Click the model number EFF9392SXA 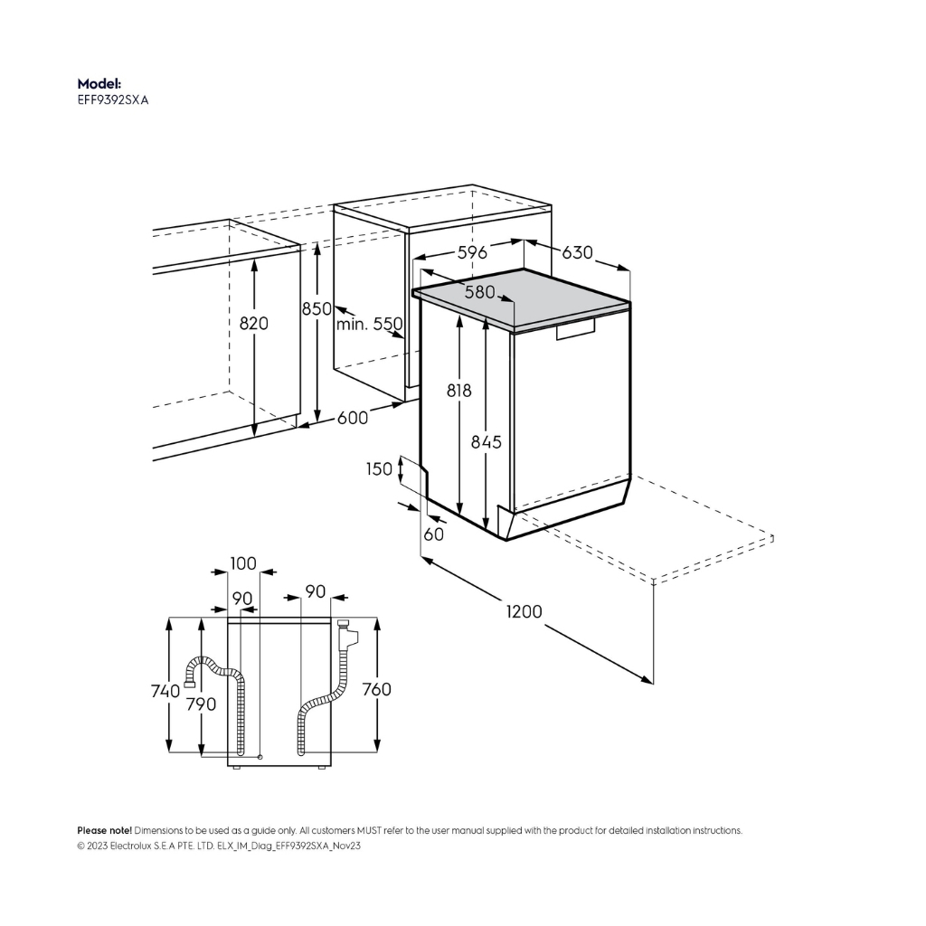(113, 100)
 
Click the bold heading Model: (99, 84)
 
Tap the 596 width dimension (472, 253)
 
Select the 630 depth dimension (577, 253)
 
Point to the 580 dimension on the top (479, 292)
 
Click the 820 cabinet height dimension (254, 323)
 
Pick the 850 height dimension (317, 309)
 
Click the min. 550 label (370, 324)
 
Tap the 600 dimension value (353, 418)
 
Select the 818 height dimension (458, 391)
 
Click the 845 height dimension (486, 441)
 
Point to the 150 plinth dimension (379, 469)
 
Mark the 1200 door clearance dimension (524, 611)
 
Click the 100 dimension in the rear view (243, 563)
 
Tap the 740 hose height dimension (165, 690)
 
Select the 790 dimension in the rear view (202, 704)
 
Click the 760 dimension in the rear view (377, 689)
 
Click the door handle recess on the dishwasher (576, 329)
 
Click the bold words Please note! (105, 830)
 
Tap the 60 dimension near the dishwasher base (433, 534)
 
